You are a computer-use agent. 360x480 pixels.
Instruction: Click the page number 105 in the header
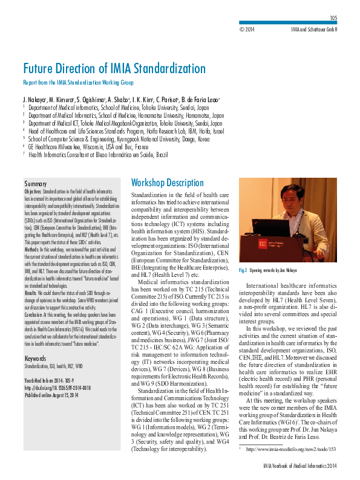333,19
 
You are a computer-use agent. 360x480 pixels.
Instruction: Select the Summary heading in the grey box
35,183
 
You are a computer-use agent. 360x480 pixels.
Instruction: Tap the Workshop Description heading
168,183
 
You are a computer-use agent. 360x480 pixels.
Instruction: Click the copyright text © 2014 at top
247,28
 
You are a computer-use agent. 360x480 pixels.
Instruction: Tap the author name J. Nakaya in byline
34,99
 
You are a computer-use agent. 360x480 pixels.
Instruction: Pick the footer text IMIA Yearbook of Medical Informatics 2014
299,465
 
